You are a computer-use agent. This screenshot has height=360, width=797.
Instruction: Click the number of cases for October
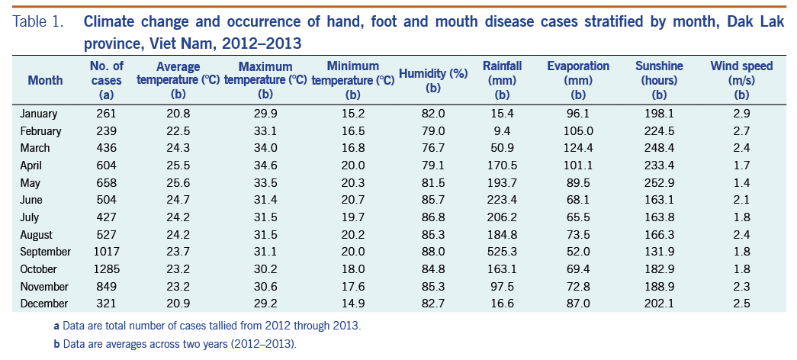[106, 269]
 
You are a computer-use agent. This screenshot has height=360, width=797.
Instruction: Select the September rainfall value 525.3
[502, 252]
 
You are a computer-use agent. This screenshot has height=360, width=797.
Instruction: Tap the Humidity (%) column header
[433, 80]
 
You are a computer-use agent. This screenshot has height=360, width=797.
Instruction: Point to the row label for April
[35, 166]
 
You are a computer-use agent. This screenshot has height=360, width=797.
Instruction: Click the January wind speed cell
[741, 114]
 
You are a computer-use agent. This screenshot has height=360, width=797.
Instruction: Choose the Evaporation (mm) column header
[578, 80]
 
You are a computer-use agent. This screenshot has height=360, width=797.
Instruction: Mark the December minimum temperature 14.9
[352, 304]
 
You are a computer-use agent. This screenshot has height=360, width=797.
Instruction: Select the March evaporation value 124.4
[578, 148]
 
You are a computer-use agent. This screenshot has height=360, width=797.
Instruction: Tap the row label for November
[45, 287]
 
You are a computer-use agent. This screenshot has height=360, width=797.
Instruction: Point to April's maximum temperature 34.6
[265, 166]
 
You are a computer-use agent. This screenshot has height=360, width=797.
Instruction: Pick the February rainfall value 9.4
[502, 131]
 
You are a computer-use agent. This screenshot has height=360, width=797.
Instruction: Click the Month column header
[46, 80]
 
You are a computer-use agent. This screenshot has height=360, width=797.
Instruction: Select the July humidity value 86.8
[433, 217]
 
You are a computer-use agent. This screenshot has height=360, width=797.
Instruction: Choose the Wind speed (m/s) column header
[741, 80]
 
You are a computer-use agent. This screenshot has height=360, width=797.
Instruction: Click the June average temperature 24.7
[178, 200]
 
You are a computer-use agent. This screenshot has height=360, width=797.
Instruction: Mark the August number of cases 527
[106, 235]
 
